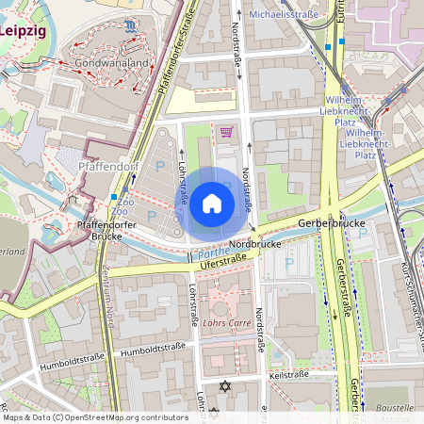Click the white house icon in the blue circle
coord(212,203)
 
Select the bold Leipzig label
coord(23,30)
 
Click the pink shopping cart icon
coord(226,132)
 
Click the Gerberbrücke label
coord(330,223)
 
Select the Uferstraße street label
coord(216,257)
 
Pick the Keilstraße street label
coord(289,374)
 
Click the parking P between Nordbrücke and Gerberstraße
coord(289,263)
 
